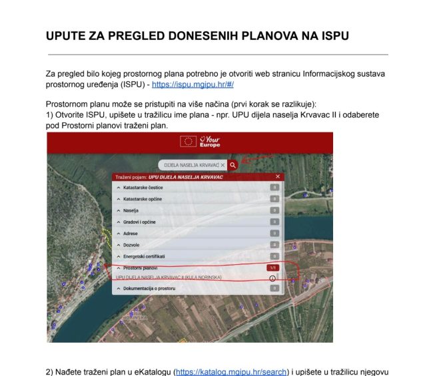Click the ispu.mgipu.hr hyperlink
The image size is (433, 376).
click(193, 85)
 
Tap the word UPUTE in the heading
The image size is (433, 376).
click(67, 35)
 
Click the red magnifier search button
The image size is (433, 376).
click(232, 164)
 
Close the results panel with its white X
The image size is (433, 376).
click(278, 176)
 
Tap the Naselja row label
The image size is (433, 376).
click(127, 210)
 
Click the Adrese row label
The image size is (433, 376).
click(127, 233)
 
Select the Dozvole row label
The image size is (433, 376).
click(127, 244)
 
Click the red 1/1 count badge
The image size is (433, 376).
click(272, 267)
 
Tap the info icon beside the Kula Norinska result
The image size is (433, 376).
click(272, 278)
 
